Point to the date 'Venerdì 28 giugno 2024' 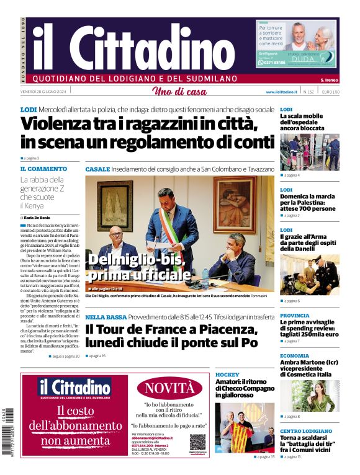pyautogui.click(x=40, y=92)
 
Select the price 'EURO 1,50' pyautogui.click(x=330, y=92)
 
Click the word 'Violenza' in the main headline pyautogui.click(x=60, y=125)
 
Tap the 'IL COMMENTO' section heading pyautogui.click(x=43, y=169)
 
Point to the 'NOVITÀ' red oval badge pyautogui.click(x=169, y=388)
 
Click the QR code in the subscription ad pyautogui.click(x=197, y=442)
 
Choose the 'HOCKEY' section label pyautogui.click(x=227, y=375)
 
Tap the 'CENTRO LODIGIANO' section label pyautogui.click(x=306, y=430)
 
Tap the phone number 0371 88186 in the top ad pyautogui.click(x=273, y=63)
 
